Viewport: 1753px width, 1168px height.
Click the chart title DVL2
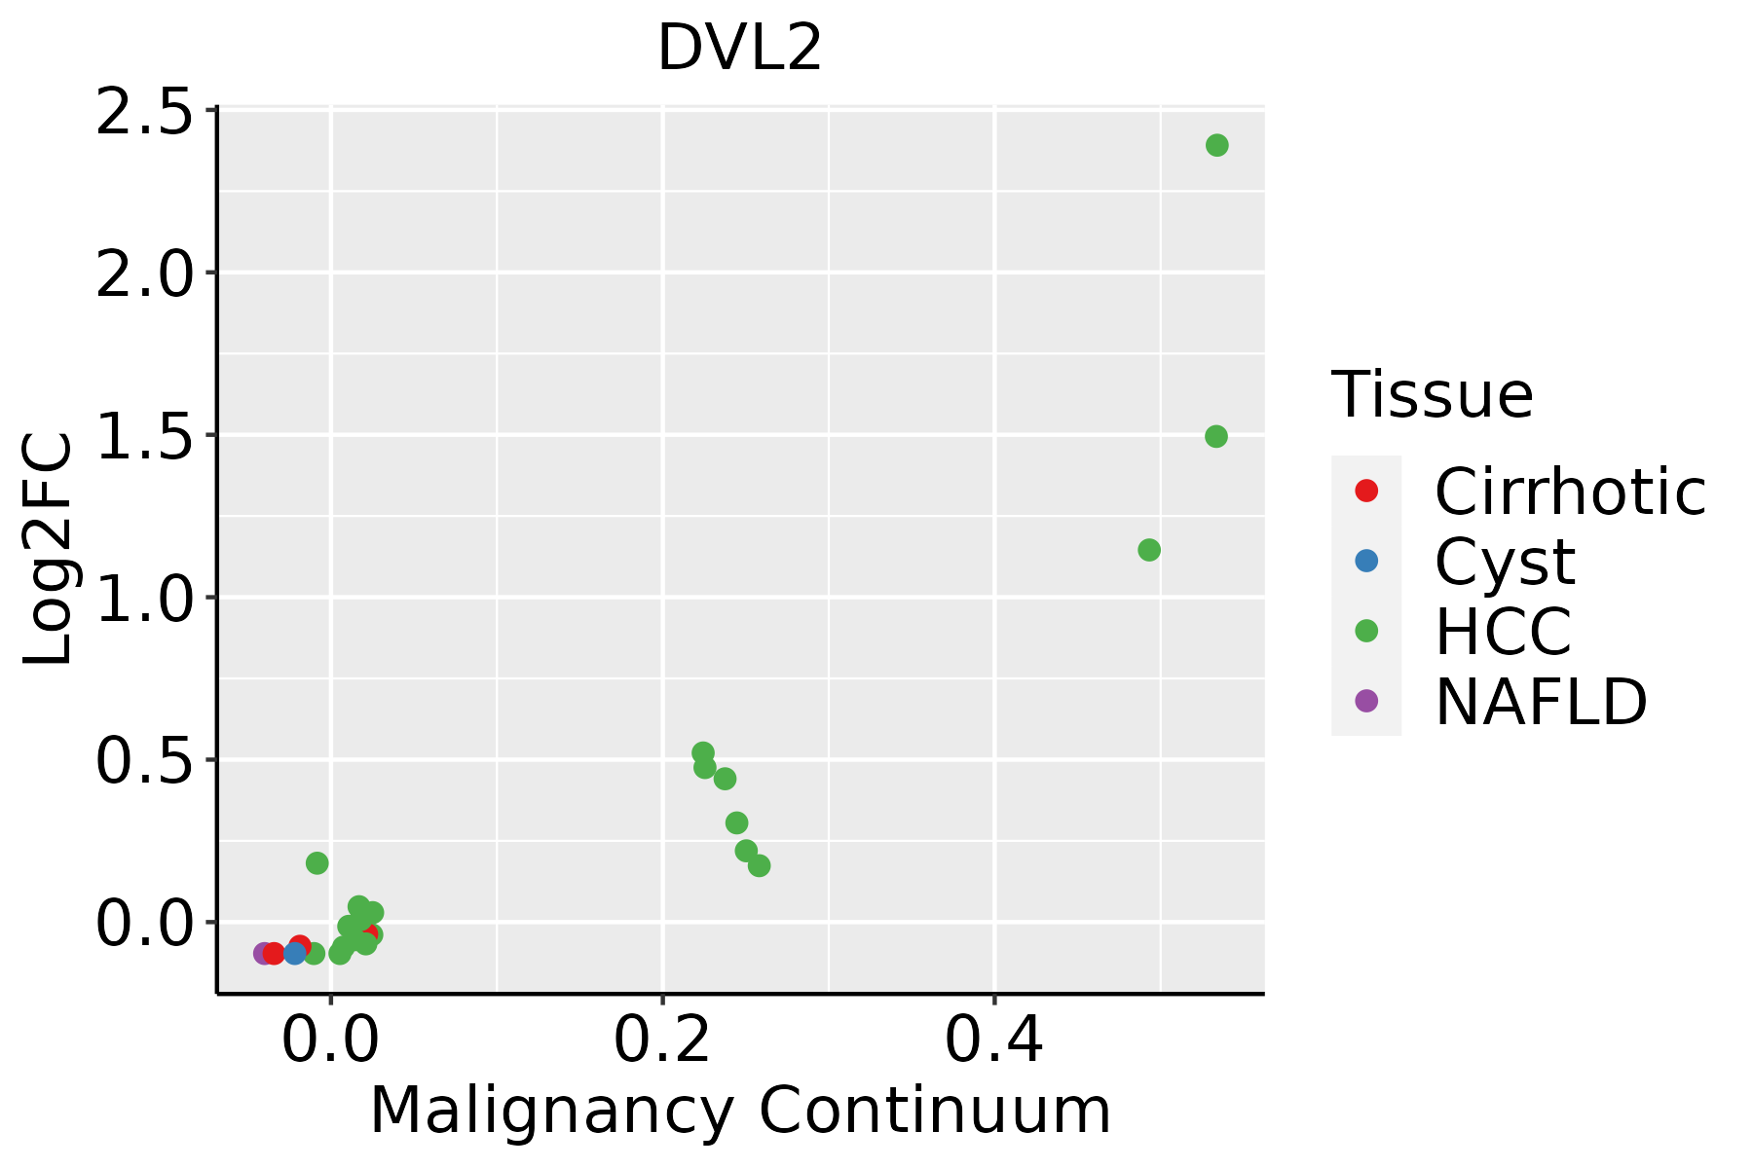point(740,49)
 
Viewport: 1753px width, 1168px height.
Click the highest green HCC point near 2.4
point(1216,145)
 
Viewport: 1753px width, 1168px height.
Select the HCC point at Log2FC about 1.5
point(1215,436)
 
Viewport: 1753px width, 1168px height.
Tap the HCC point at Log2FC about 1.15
point(1149,550)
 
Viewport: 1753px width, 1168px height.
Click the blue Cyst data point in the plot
point(295,953)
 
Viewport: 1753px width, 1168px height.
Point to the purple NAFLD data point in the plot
point(263,953)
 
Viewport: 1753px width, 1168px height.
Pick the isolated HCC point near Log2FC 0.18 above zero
point(317,863)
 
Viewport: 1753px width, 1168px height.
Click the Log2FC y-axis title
point(49,550)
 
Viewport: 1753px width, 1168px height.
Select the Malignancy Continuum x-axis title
point(740,1111)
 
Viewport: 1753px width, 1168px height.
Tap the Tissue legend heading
point(1432,395)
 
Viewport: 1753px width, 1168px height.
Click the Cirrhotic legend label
point(1570,492)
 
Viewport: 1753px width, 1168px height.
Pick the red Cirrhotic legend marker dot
point(1366,491)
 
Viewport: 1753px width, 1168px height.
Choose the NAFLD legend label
point(1541,702)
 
